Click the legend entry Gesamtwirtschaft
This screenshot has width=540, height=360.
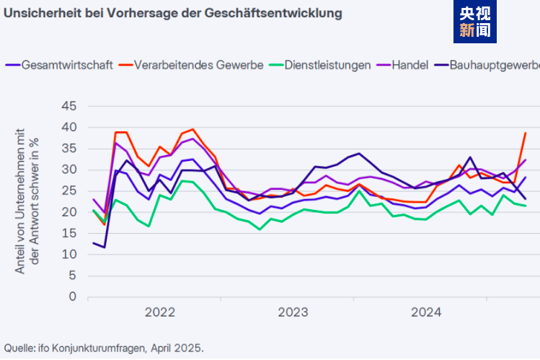point(67,65)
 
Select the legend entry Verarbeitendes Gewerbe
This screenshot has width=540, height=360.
point(199,65)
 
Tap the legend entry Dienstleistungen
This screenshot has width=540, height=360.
point(328,65)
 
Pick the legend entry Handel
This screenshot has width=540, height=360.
point(410,65)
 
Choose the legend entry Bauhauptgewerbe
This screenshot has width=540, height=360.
point(495,65)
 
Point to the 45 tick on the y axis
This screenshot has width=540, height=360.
point(68,106)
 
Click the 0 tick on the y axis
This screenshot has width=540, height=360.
point(72,297)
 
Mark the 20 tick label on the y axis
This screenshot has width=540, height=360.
point(68,212)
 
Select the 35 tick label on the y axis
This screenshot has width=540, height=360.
point(68,149)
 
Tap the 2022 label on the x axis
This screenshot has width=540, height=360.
point(160,312)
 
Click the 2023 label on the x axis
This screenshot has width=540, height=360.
point(293,312)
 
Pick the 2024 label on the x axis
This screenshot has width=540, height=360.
point(426,312)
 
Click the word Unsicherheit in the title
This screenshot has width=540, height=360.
point(38,14)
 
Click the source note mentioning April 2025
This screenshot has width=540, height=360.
point(104,347)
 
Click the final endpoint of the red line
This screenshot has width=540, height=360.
point(525,133)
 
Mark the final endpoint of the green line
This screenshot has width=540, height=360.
point(525,206)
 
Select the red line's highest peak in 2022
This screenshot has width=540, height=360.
point(192,130)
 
